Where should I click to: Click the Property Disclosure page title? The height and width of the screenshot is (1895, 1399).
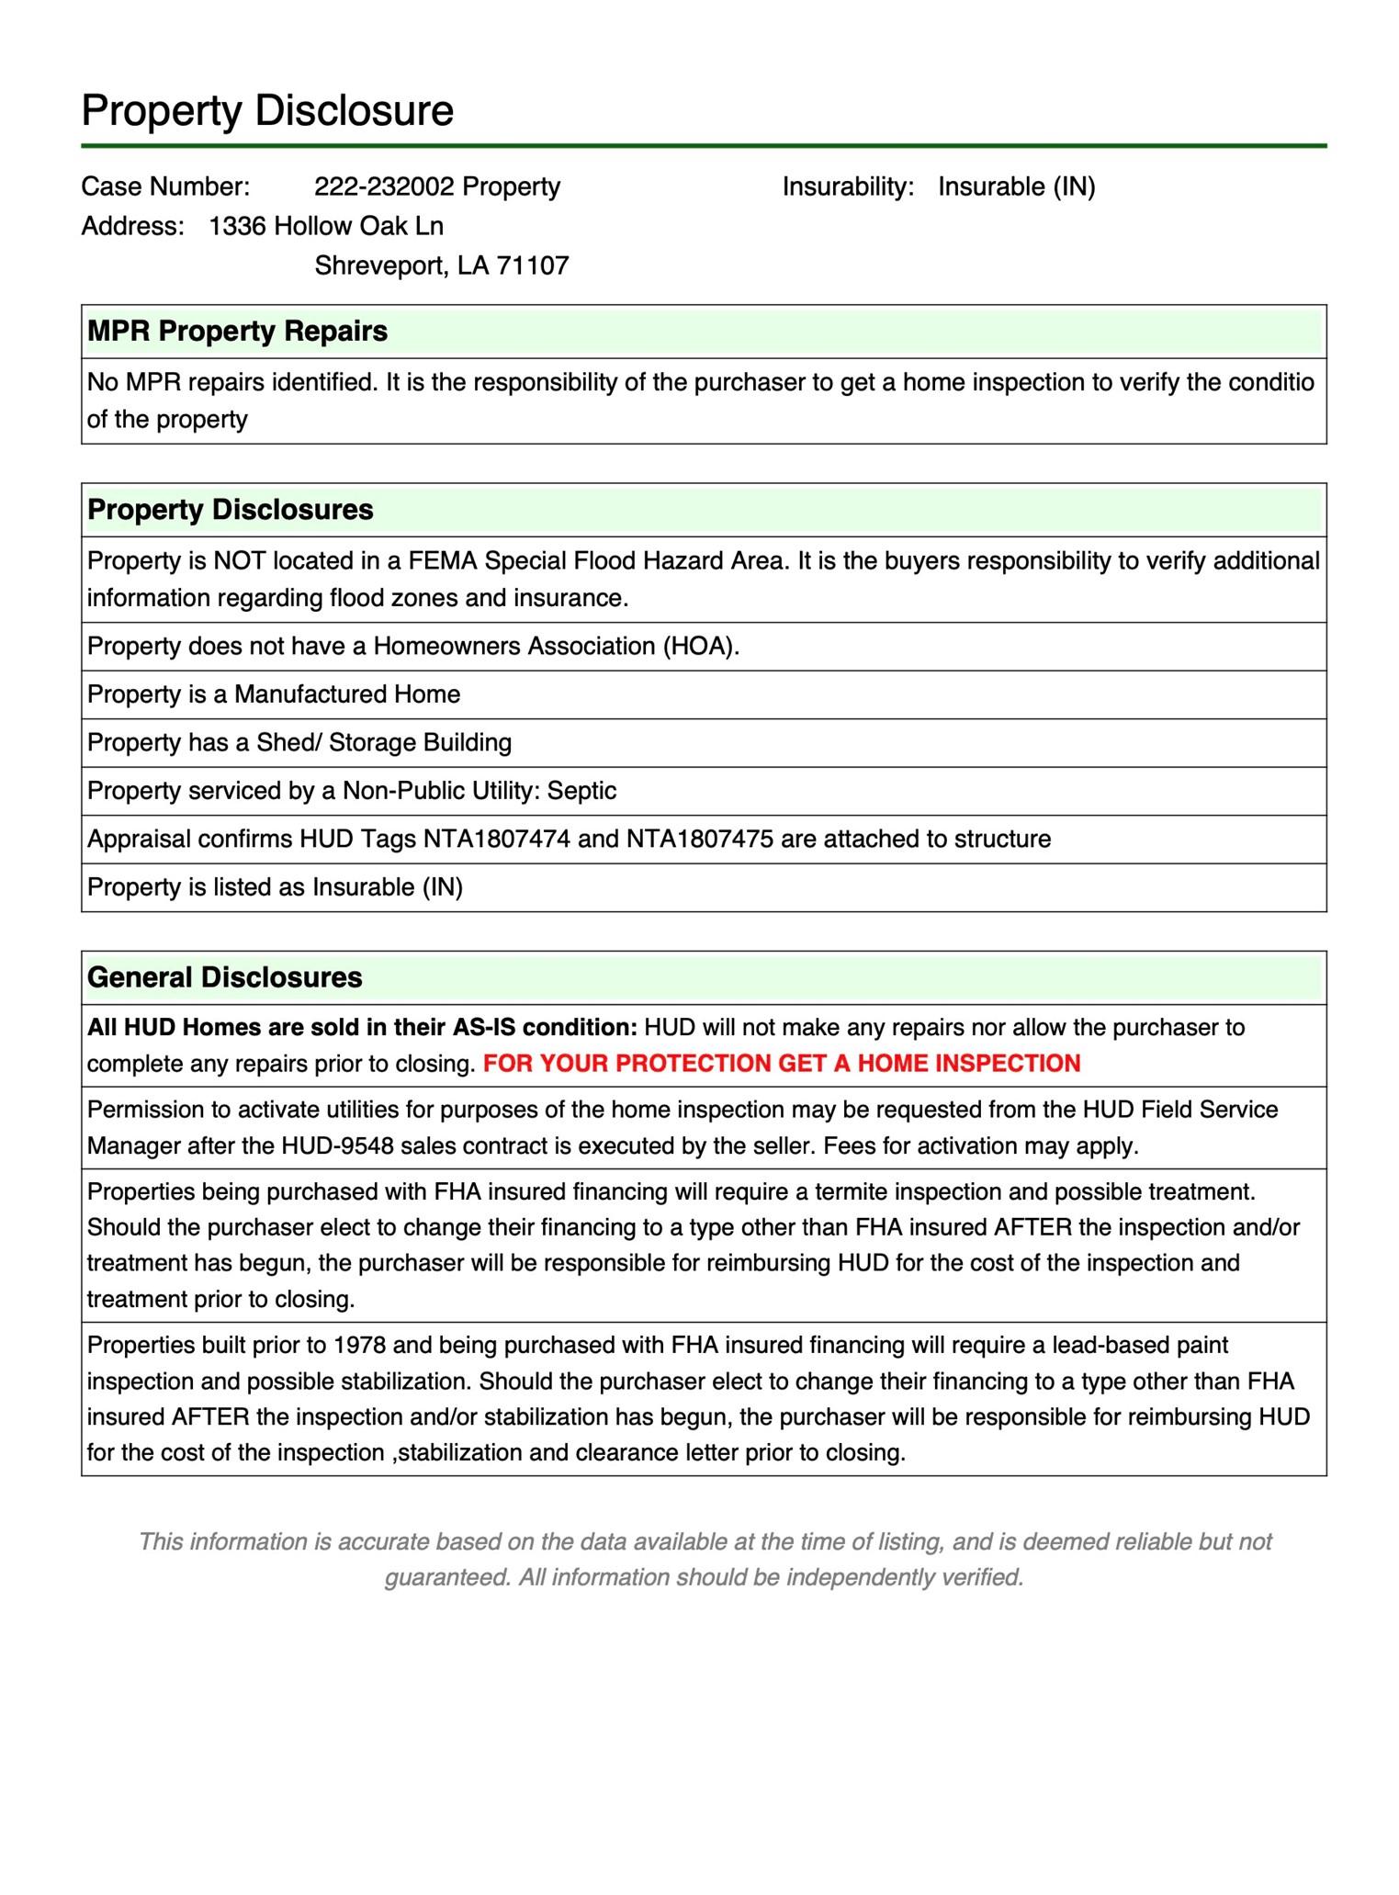267,110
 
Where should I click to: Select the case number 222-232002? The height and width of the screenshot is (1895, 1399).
384,186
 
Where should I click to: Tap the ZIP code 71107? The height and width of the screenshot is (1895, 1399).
533,265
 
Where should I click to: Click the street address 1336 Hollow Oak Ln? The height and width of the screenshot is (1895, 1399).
326,226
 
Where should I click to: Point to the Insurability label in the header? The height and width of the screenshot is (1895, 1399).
848,186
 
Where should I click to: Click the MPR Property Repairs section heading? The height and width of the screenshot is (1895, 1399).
237,331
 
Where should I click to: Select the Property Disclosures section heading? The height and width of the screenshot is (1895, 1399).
230,510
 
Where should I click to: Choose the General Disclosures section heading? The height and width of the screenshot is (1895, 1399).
224,977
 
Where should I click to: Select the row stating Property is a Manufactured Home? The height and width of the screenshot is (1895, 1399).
274,694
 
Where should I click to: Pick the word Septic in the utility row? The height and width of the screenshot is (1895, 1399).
581,791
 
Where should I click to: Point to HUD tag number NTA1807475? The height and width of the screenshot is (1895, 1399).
700,839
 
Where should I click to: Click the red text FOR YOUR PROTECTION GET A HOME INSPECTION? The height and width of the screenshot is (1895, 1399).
782,1064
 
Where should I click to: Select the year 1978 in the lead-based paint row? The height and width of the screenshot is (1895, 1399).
359,1346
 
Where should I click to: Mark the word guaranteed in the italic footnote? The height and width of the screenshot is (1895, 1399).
446,1577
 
